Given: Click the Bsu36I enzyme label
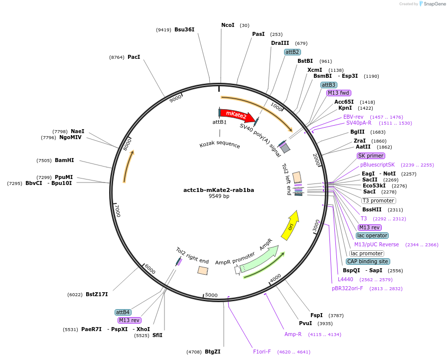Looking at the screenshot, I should click(184, 30).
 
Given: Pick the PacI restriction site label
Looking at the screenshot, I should click(134, 57).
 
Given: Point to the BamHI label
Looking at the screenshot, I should click(64, 161).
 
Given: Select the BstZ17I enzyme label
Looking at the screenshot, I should click(97, 295).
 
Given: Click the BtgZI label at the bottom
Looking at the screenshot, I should click(212, 352).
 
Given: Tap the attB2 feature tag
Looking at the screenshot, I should click(293, 52).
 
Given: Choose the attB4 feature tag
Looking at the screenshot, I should click(123, 312).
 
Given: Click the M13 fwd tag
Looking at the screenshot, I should click(339, 93).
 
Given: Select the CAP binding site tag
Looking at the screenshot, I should click(368, 261).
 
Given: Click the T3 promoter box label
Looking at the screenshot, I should click(378, 201).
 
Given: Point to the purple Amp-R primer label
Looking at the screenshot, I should click(293, 335).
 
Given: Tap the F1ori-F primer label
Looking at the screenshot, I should click(262, 352).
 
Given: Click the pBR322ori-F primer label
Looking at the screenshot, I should click(348, 289).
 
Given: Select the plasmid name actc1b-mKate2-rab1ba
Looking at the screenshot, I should click(218, 190).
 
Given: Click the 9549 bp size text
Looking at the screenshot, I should click(219, 196).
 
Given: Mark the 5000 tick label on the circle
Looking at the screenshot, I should click(211, 296).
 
